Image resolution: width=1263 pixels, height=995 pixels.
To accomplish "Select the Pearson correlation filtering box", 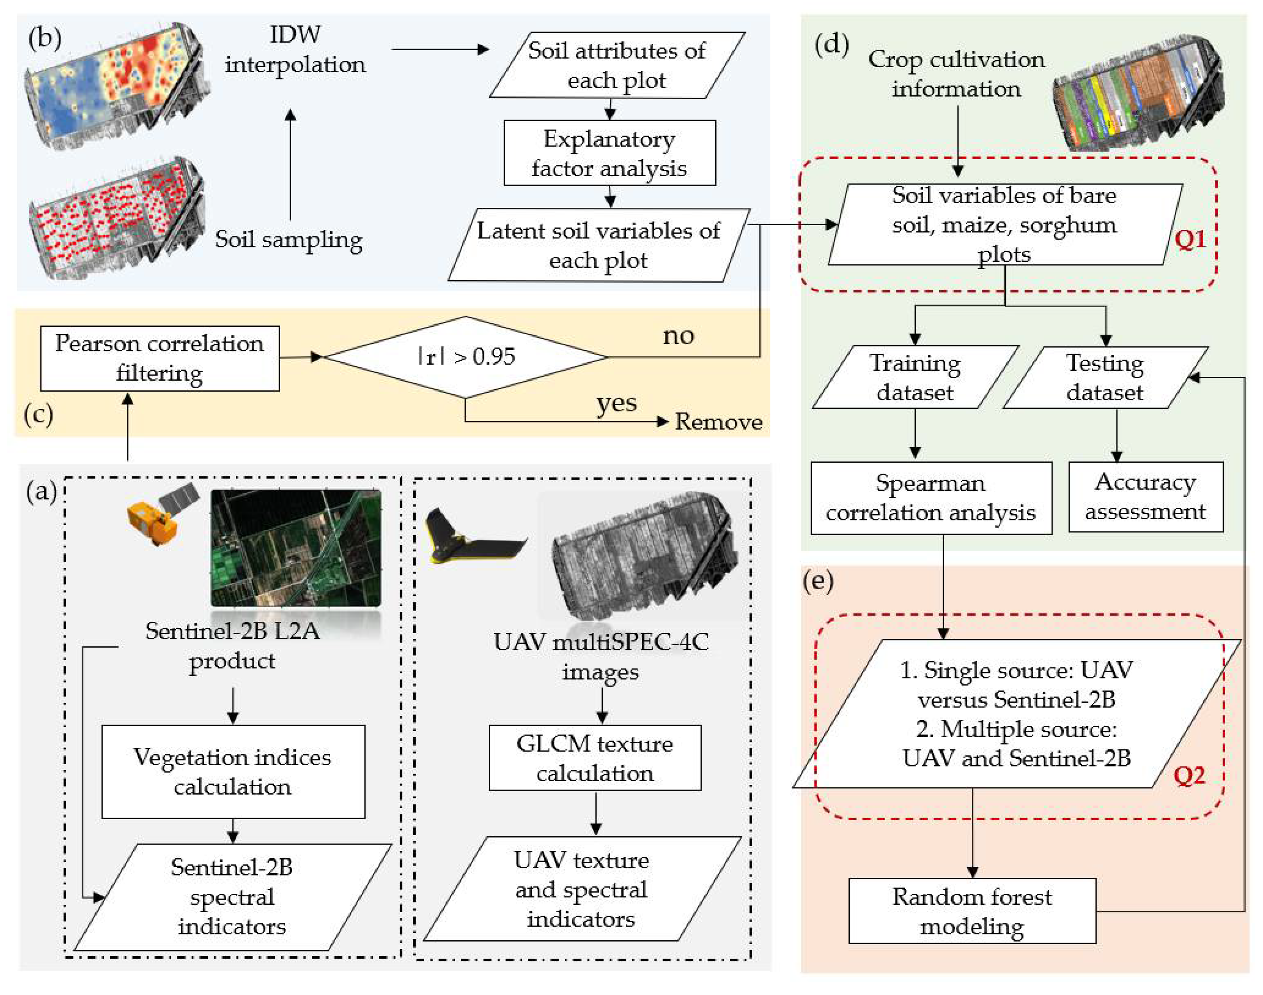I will tap(159, 358).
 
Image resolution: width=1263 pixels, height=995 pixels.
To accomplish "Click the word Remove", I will tap(718, 422).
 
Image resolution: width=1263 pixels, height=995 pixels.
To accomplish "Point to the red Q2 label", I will tap(1188, 775).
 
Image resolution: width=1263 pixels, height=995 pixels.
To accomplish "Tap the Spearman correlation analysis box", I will tap(931, 497).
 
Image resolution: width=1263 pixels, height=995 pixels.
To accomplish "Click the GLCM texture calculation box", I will tap(595, 757).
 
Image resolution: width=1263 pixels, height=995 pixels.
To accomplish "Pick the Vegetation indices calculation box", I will tap(233, 771).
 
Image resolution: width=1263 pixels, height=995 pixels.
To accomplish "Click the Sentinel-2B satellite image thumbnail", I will tap(296, 548).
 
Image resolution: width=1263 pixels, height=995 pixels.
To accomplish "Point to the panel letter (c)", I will tap(38, 414).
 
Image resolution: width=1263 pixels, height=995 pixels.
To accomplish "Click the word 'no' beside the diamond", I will tap(678, 336).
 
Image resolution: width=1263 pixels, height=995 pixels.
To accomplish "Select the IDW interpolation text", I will tap(295, 50).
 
